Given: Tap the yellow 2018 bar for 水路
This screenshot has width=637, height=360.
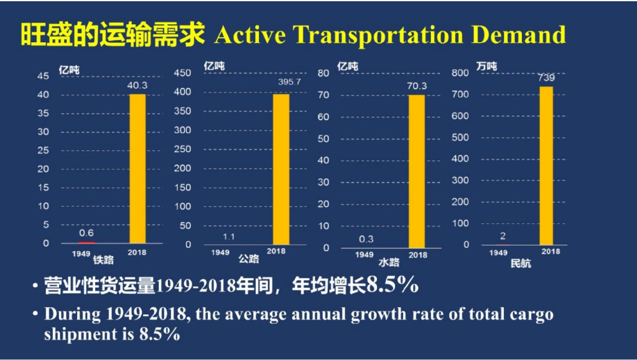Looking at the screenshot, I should [417, 171].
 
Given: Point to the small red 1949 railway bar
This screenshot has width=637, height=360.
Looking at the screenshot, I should [87, 242].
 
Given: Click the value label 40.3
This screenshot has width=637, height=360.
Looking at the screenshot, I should [137, 85].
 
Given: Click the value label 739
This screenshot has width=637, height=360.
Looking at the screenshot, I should [547, 78].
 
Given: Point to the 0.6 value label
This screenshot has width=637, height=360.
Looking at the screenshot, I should [86, 233].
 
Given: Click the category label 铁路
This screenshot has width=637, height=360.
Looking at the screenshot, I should [104, 259].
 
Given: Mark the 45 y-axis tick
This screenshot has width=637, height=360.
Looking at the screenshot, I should [43, 76].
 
